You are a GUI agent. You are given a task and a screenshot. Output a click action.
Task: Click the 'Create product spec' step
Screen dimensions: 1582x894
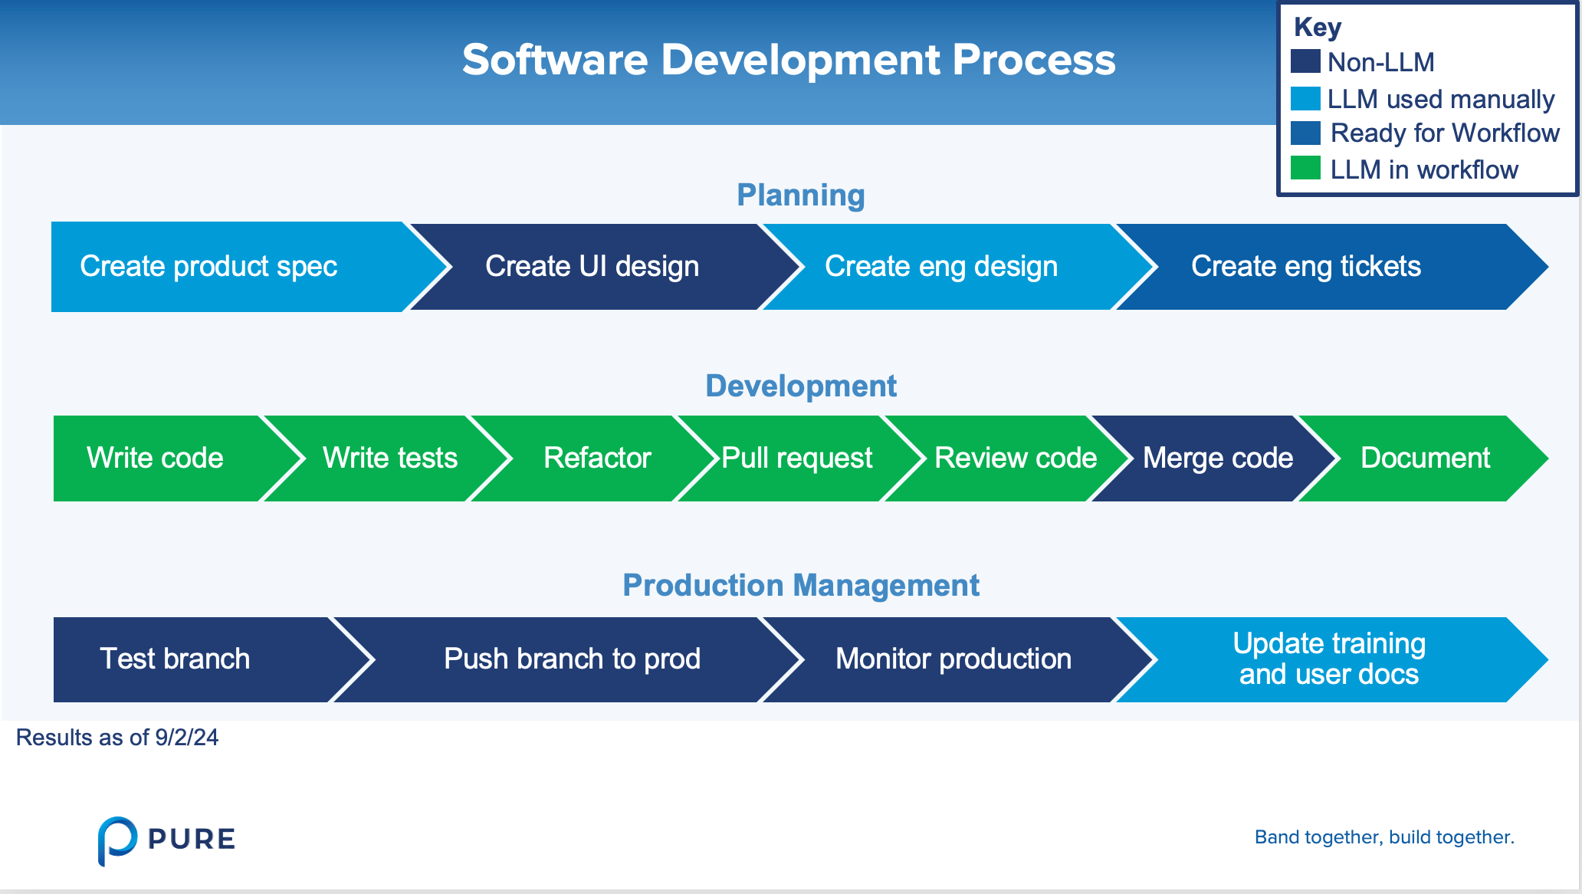click(230, 267)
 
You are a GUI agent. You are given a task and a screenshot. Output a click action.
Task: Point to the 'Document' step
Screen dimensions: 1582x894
click(1426, 459)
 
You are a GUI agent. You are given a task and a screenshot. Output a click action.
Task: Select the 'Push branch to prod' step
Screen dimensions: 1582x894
click(571, 659)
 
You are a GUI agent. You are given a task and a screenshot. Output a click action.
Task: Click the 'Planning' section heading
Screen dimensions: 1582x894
click(801, 196)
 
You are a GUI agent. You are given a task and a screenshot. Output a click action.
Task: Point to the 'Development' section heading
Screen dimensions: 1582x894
click(801, 386)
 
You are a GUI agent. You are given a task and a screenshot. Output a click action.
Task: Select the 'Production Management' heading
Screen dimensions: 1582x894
click(801, 586)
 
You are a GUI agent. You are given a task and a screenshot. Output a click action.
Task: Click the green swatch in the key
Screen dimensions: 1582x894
click(1305, 168)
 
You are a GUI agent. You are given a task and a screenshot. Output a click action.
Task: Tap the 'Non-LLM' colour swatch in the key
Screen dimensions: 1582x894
click(1305, 61)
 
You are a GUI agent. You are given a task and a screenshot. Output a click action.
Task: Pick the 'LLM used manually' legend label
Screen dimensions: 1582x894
click(1441, 100)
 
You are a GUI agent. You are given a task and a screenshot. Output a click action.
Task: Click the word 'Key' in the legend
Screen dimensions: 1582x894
click(1318, 28)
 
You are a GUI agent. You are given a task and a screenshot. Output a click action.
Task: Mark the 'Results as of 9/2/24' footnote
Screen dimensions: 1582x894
click(117, 738)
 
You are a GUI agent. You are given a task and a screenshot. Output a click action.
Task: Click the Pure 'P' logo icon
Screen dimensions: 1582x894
click(117, 840)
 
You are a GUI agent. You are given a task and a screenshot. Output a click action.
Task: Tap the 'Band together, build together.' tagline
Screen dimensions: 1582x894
click(1384, 837)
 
